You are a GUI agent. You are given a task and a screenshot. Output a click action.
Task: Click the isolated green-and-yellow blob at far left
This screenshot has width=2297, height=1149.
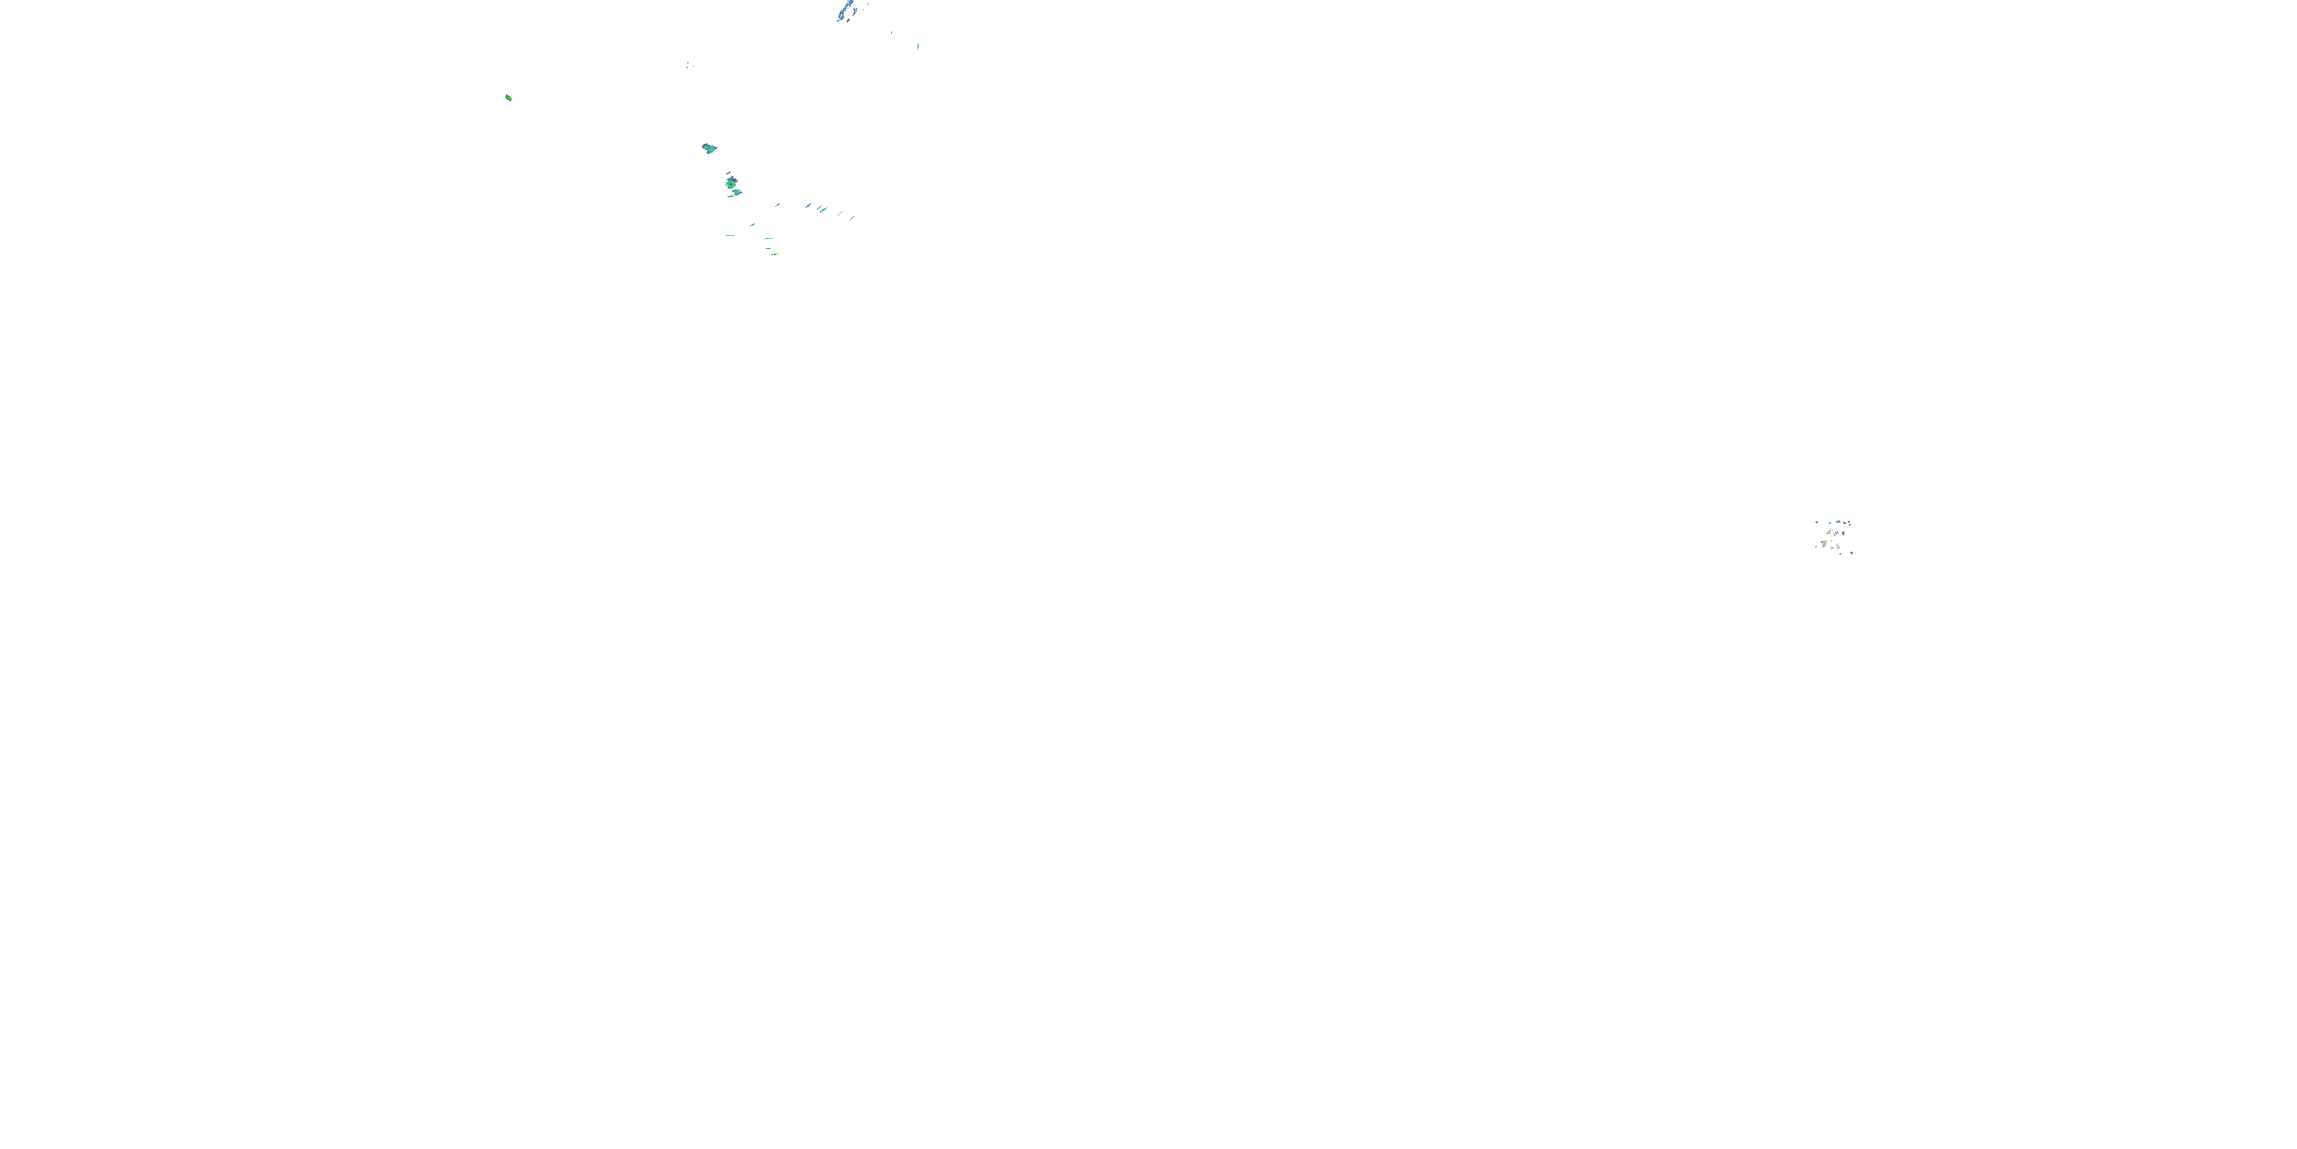point(508,97)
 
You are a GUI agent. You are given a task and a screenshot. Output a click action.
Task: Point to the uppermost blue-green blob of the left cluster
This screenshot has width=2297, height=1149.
point(709,149)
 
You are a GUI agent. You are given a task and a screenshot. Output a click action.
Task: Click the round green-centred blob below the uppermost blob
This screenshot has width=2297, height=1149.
point(731,185)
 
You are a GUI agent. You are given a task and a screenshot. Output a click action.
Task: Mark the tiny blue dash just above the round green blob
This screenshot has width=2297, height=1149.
point(728,173)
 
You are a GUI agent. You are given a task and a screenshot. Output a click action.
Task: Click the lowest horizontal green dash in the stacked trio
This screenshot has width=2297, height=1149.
point(775,255)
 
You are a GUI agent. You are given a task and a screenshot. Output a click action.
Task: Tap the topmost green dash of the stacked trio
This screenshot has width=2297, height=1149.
point(769,239)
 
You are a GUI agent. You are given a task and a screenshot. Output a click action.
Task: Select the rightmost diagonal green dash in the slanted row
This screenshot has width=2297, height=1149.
point(851,218)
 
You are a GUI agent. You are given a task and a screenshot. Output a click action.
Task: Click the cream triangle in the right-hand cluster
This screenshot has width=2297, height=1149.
point(1830,532)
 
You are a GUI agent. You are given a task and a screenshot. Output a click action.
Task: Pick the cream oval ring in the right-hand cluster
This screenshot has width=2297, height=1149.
point(1838,547)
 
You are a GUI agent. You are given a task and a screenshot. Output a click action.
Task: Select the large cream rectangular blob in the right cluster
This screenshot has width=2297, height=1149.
point(1825,544)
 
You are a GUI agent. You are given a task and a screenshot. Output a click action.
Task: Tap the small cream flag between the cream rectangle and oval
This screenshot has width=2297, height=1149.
point(1832,548)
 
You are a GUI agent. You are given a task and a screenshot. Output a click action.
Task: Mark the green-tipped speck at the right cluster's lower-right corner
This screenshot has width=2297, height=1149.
point(1852,553)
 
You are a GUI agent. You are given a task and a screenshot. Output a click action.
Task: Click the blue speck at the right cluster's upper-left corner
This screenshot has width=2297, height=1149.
point(1817,522)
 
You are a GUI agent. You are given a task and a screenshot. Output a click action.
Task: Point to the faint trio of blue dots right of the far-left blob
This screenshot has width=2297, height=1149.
point(689,65)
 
